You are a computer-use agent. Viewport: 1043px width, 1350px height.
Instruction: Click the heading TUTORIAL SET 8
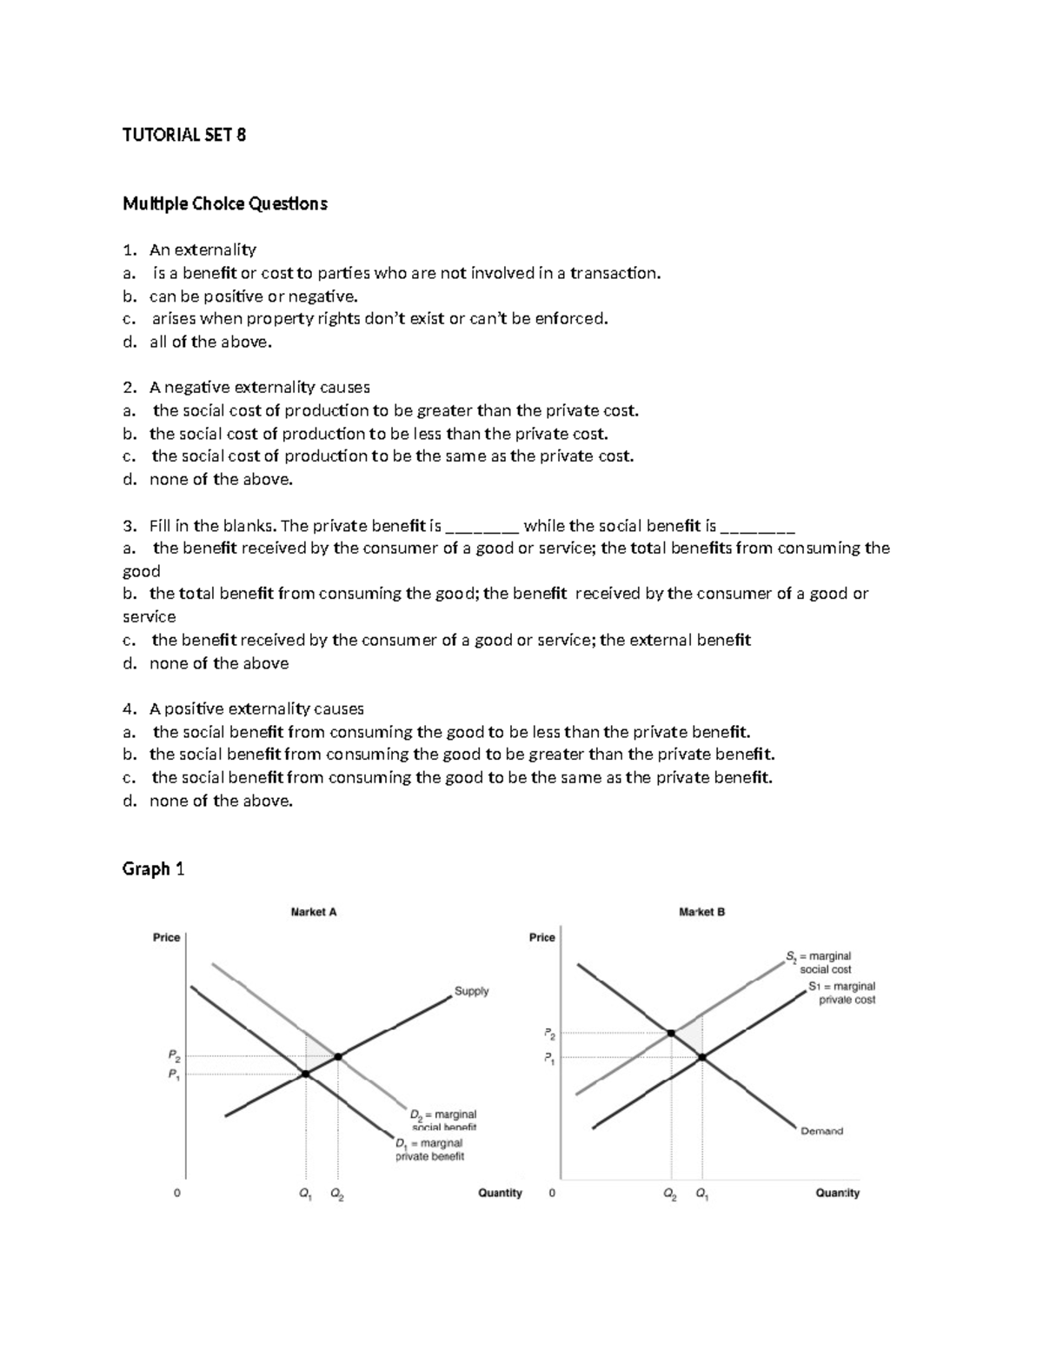tap(184, 135)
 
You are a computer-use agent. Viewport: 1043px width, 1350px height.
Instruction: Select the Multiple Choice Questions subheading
tap(224, 203)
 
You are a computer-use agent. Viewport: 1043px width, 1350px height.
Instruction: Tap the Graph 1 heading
tap(153, 868)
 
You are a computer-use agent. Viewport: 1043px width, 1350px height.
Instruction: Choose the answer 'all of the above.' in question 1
tap(210, 342)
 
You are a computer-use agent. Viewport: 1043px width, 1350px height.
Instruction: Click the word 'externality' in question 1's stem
tap(216, 249)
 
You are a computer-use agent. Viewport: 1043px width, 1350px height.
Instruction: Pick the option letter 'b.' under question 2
tap(130, 433)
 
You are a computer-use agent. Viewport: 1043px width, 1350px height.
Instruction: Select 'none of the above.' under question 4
tap(221, 801)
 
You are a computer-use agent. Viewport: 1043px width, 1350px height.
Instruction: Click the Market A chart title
tap(313, 912)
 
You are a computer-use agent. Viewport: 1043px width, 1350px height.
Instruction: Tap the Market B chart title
tap(701, 912)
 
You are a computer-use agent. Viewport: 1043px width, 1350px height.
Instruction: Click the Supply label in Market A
tap(471, 991)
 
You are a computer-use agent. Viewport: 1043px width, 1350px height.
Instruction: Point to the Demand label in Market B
tap(821, 1131)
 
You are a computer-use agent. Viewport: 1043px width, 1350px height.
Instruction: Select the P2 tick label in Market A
tap(175, 1056)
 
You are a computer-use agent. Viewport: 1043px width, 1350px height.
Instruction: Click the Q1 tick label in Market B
tap(701, 1194)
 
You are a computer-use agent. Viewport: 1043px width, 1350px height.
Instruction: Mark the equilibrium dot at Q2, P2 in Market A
tap(338, 1056)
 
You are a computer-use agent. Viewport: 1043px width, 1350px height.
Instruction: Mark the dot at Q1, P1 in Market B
tap(701, 1057)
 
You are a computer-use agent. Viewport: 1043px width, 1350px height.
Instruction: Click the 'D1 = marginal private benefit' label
tap(429, 1149)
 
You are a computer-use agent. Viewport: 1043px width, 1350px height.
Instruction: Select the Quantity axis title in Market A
tap(500, 1193)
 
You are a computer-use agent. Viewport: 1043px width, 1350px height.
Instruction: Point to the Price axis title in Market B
tap(541, 937)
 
